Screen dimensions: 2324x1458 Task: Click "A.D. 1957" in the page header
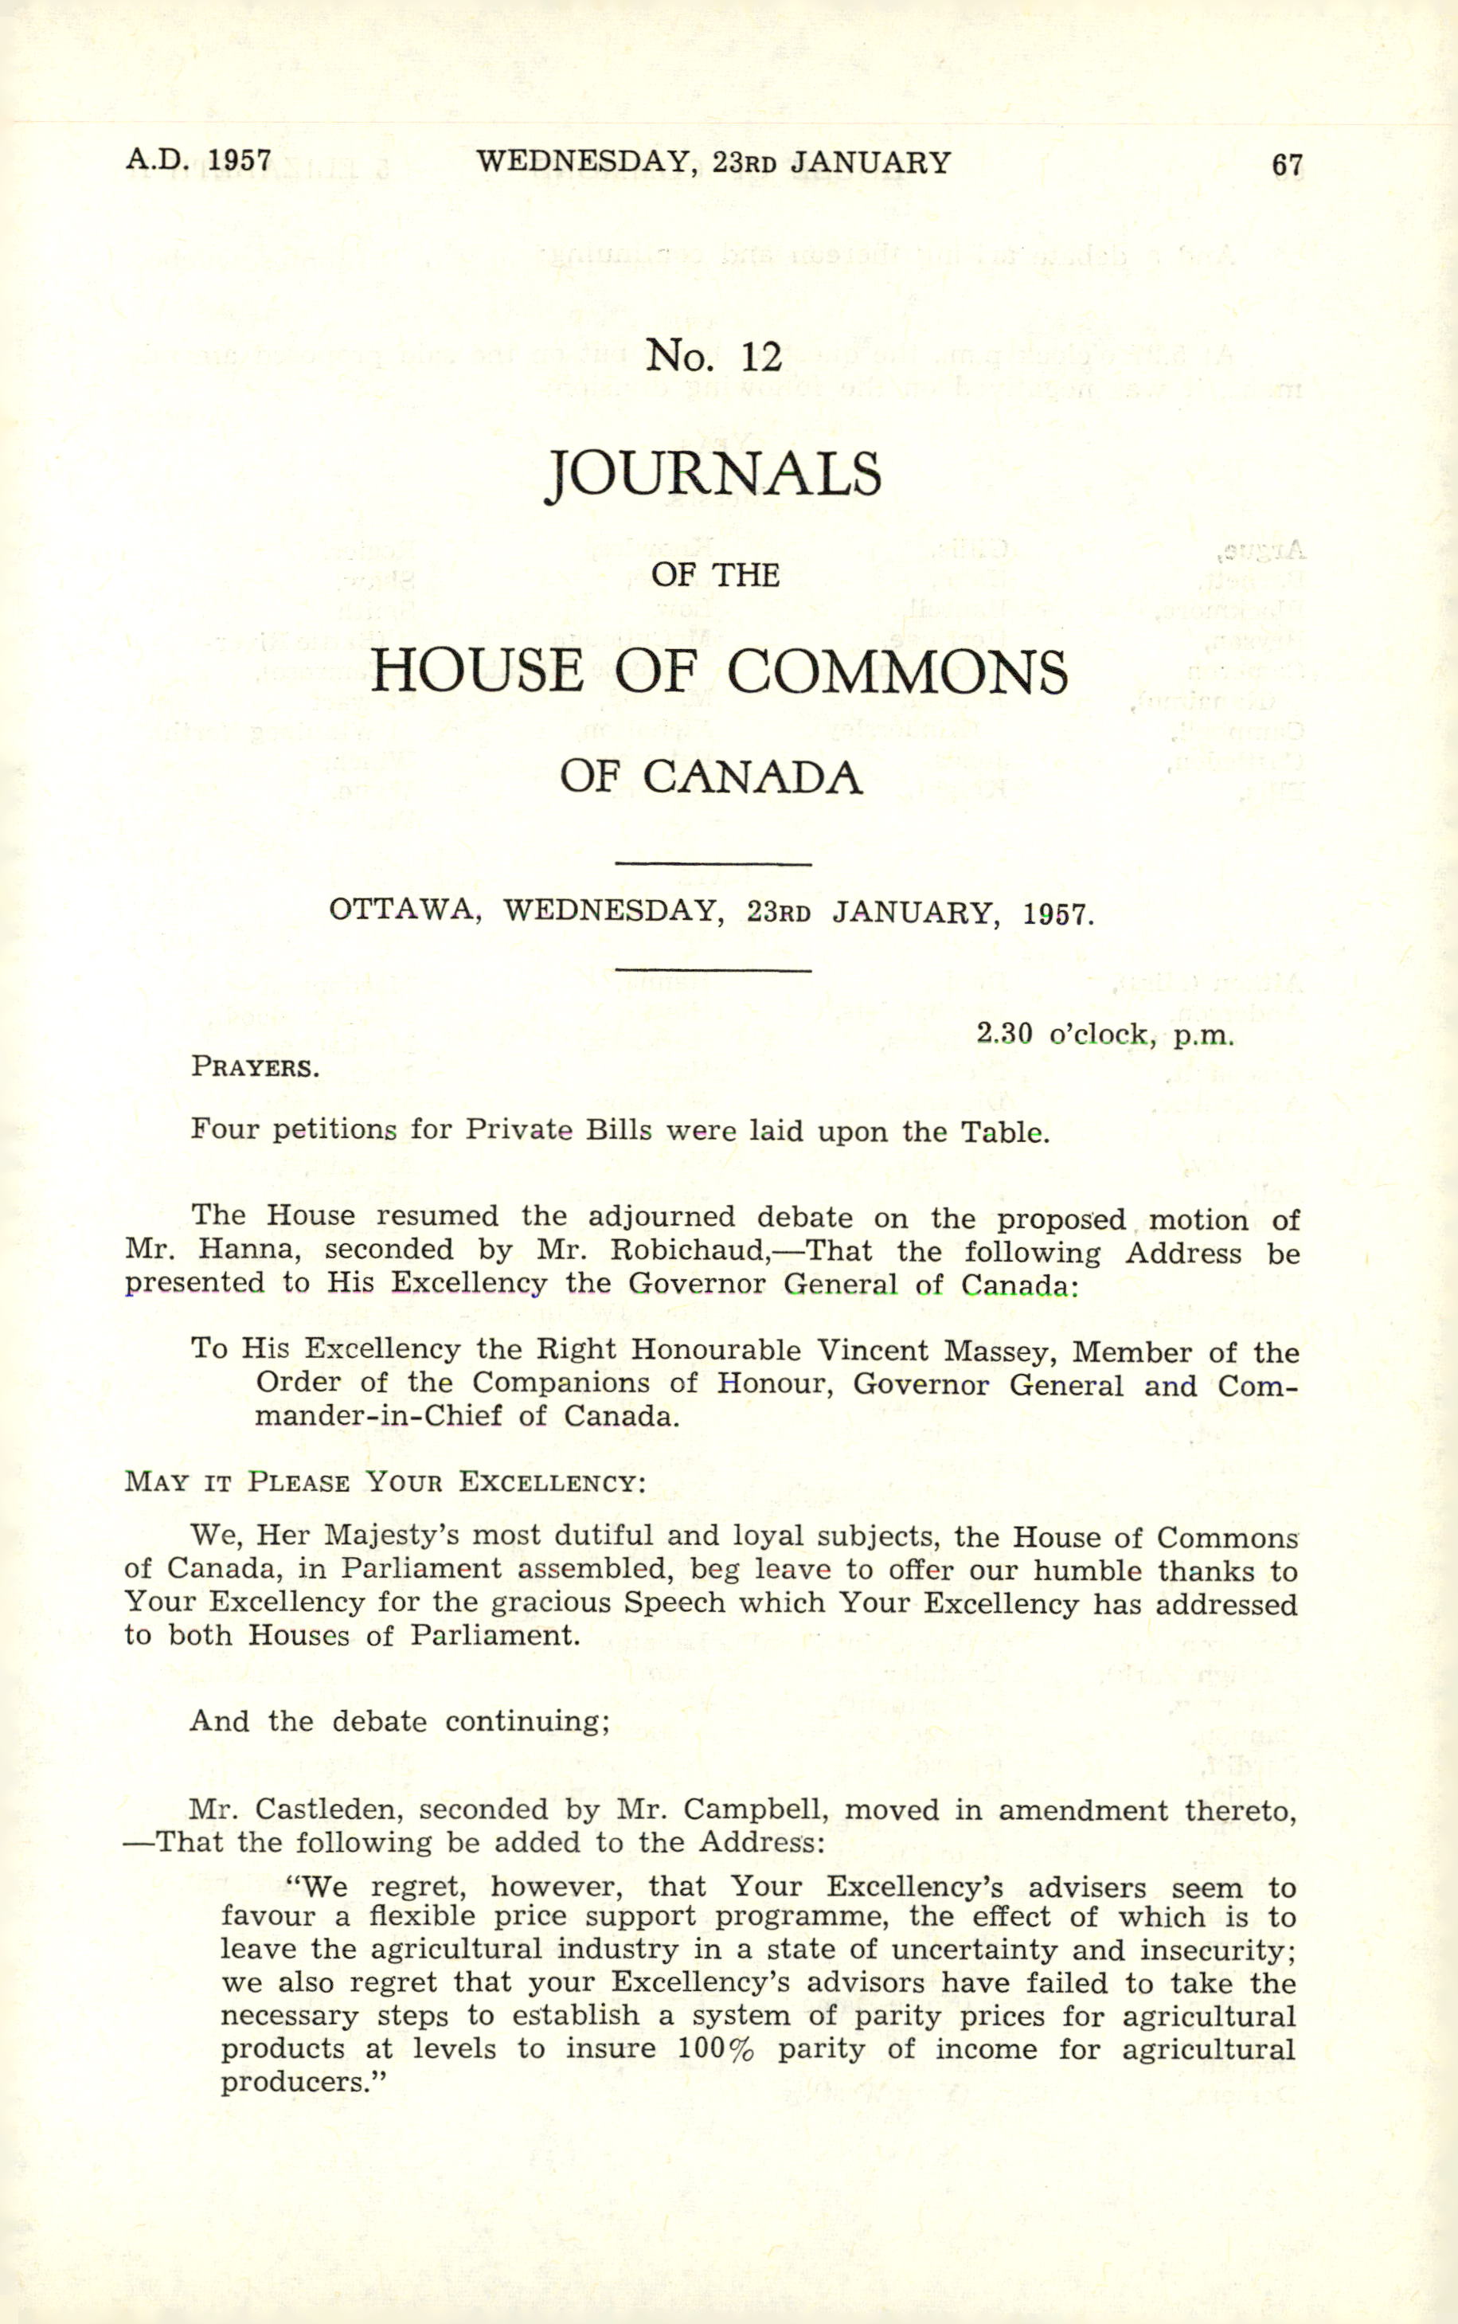coord(197,160)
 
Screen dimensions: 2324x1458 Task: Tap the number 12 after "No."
coord(760,358)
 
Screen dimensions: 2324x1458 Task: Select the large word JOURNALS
coord(713,475)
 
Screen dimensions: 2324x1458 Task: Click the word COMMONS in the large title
coord(897,671)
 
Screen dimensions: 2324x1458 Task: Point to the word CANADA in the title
coord(752,777)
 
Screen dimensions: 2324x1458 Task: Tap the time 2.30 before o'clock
coord(1004,1035)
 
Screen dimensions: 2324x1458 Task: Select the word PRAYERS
coord(255,1067)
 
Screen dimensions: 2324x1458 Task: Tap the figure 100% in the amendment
coord(714,2048)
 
